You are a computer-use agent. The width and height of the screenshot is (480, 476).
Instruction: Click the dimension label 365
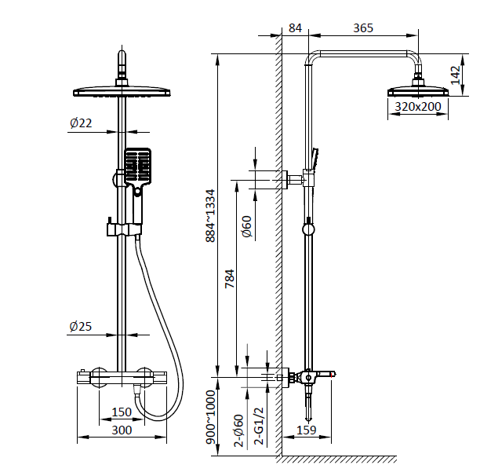(x=363, y=28)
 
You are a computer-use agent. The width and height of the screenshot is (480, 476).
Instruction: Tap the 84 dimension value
(x=295, y=28)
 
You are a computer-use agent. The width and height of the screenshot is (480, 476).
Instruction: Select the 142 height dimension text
(x=456, y=75)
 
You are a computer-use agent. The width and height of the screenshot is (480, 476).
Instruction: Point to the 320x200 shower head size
(x=418, y=107)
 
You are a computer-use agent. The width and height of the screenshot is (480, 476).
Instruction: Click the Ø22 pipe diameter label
(x=81, y=123)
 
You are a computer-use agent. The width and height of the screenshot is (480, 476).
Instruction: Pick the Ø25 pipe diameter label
(x=81, y=326)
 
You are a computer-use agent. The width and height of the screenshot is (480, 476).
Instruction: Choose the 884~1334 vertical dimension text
(x=209, y=215)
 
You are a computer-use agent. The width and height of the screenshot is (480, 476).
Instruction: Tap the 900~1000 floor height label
(x=209, y=420)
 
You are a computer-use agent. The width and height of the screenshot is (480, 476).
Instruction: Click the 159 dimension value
(x=307, y=430)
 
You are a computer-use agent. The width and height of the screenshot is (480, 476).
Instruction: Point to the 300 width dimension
(x=122, y=430)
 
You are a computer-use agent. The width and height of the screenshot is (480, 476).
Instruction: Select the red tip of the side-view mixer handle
(x=333, y=377)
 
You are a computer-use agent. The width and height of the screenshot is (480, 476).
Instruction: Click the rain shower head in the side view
(x=417, y=90)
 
